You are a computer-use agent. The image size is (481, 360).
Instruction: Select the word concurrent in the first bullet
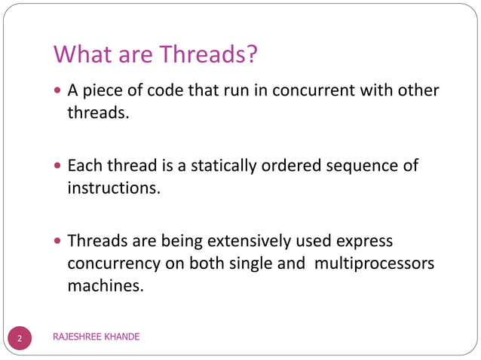300,91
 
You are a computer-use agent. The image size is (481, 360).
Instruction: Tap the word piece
106,91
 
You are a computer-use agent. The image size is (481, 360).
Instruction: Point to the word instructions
114,187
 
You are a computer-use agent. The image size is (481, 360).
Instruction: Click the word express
366,241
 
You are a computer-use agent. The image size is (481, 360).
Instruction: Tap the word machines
105,285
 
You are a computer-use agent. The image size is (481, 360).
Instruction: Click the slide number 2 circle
20,337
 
